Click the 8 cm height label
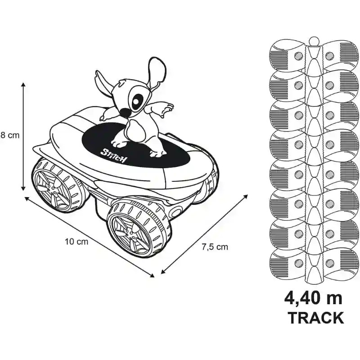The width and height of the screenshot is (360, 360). click(x=10, y=135)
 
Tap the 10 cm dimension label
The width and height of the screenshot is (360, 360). click(x=76, y=242)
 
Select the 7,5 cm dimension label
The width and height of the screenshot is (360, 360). click(x=215, y=247)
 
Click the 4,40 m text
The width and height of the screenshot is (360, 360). click(x=313, y=299)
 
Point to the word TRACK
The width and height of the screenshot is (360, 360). click(x=316, y=318)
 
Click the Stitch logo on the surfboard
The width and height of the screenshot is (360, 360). click(x=114, y=155)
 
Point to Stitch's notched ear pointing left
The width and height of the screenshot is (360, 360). click(x=103, y=84)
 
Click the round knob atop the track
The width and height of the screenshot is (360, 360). click(x=314, y=41)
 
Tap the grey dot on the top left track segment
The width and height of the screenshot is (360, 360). click(x=298, y=55)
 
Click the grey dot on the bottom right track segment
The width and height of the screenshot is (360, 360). click(x=329, y=263)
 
